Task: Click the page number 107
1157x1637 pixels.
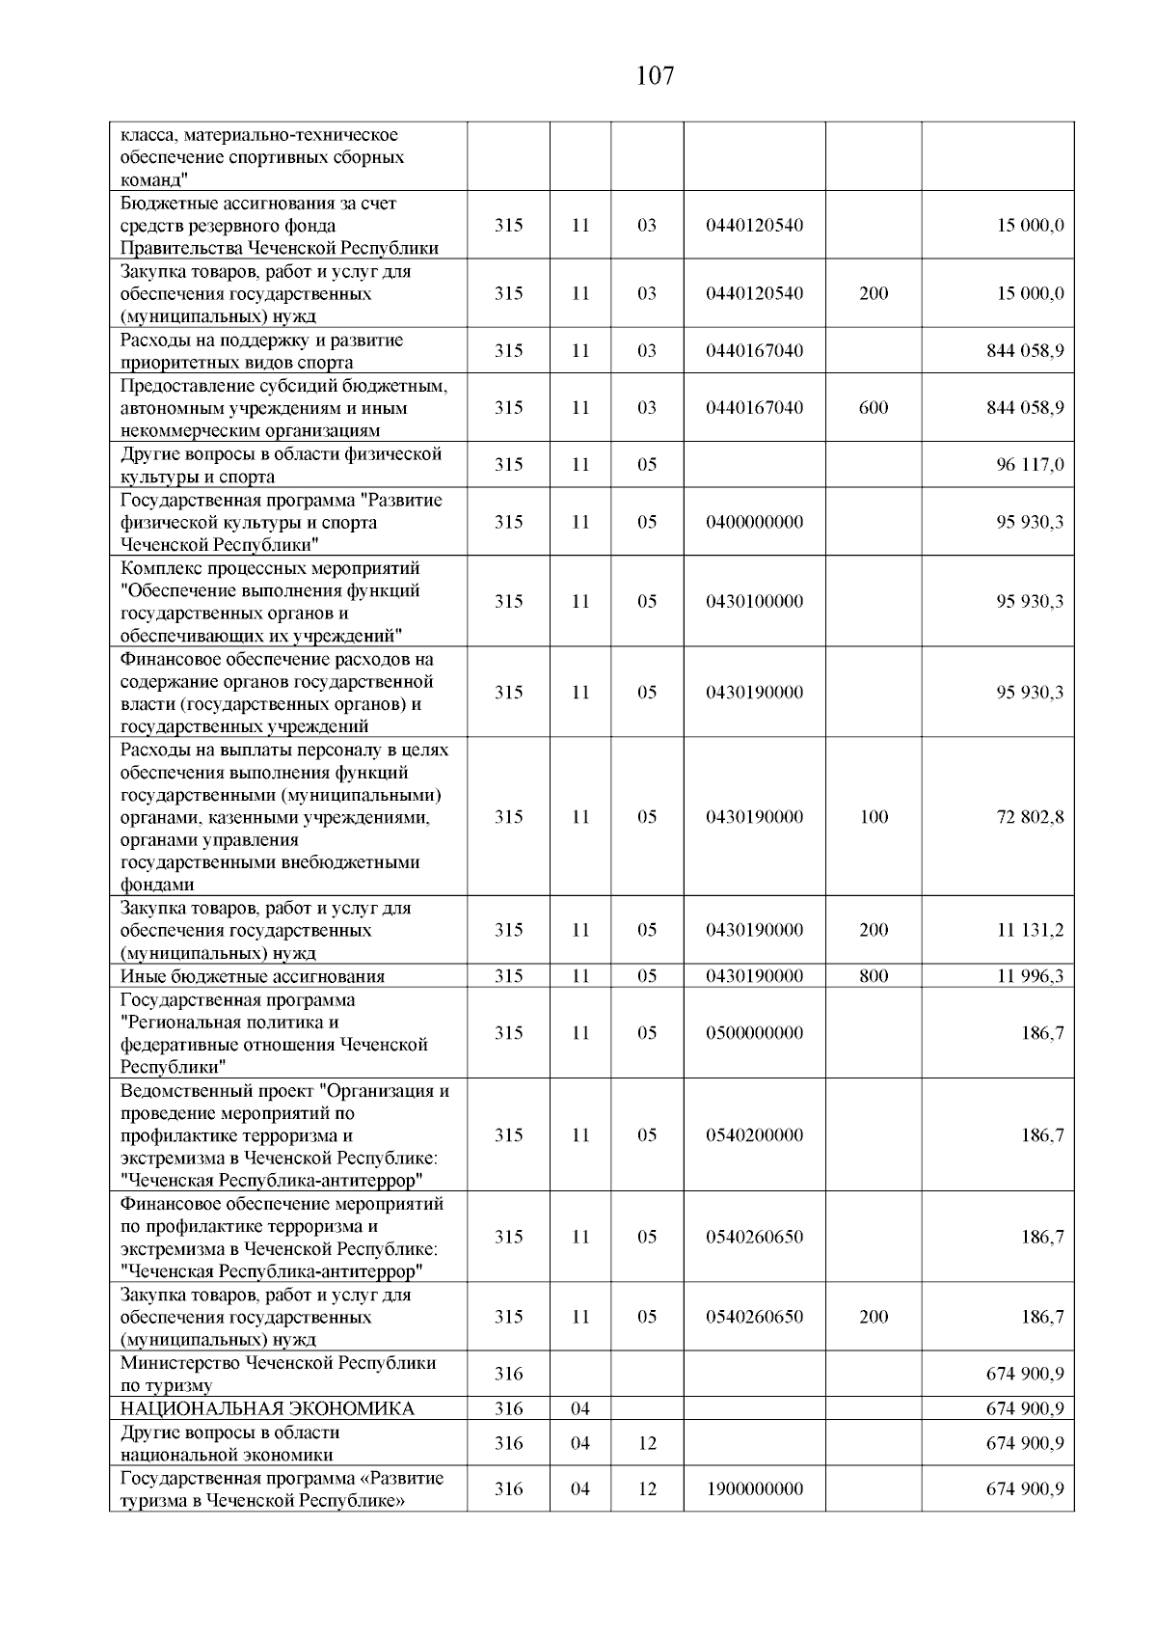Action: (655, 76)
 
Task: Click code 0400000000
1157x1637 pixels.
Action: (754, 522)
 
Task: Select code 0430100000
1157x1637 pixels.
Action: (754, 602)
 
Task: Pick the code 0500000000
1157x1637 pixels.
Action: (754, 1033)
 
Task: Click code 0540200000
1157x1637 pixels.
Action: (754, 1135)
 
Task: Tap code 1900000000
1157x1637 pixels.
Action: (754, 1489)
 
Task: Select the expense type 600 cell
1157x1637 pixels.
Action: (874, 408)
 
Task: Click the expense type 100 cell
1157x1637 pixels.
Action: (874, 817)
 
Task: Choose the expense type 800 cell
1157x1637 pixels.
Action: (874, 976)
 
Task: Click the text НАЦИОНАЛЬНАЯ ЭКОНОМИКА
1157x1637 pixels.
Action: (267, 1408)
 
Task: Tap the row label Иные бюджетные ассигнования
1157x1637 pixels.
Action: (252, 976)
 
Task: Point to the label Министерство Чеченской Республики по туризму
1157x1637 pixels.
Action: (278, 1374)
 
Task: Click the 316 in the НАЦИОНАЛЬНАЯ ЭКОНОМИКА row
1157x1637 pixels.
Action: (508, 1408)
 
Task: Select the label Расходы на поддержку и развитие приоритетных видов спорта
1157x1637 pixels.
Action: (261, 351)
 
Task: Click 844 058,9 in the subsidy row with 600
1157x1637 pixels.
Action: (1025, 408)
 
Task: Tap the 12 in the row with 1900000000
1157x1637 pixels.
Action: (647, 1489)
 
